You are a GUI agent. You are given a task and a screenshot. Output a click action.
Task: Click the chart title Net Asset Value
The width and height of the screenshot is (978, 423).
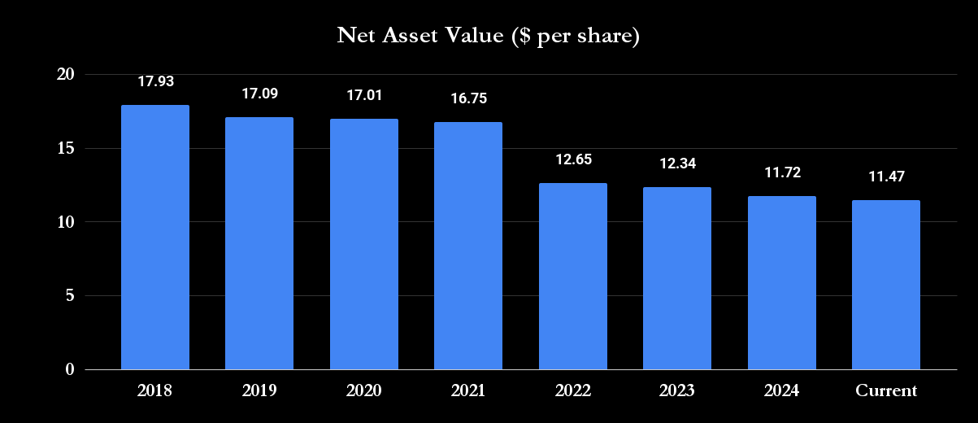point(489,37)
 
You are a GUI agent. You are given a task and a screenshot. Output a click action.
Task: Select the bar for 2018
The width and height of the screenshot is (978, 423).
point(155,237)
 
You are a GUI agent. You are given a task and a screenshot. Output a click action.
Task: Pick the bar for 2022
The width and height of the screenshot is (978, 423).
point(572,276)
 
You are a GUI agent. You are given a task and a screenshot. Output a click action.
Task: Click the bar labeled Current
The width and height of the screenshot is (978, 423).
point(885,285)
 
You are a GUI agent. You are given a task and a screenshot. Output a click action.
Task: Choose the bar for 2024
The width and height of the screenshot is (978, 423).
point(781,282)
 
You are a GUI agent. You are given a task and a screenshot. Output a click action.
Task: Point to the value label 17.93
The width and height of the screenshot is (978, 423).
point(155,81)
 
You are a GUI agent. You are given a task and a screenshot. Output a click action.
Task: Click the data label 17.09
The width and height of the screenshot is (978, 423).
point(259,94)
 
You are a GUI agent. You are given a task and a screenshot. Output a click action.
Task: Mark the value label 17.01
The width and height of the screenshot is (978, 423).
point(363,95)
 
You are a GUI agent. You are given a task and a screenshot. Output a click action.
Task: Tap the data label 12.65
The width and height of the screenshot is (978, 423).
point(572,159)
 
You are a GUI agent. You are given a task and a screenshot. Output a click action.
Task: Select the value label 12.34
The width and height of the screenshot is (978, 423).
point(676,164)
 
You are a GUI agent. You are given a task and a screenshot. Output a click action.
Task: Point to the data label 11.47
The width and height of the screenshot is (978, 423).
point(885,177)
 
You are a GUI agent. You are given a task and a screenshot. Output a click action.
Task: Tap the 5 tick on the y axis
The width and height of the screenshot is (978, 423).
point(70,295)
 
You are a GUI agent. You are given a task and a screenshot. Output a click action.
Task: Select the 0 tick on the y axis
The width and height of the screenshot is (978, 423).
point(70,369)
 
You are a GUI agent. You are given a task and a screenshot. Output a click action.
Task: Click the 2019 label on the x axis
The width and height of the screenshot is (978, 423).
point(259,391)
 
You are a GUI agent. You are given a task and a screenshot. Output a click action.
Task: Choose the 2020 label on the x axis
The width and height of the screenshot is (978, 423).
point(363,391)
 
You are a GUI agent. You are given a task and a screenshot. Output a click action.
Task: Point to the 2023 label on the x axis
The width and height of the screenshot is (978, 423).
point(676,391)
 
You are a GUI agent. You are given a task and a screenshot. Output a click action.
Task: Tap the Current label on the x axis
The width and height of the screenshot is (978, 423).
point(885,391)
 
